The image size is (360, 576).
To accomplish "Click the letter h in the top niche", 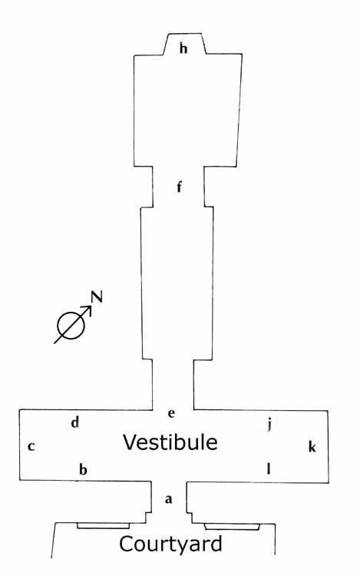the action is click(183, 48).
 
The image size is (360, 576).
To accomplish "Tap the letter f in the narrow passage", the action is click(179, 187).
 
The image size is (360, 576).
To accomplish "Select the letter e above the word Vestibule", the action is click(171, 413).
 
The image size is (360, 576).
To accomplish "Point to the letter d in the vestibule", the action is click(75, 422).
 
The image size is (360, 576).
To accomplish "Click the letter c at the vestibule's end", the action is click(31, 446).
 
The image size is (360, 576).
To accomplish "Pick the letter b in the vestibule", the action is click(84, 469).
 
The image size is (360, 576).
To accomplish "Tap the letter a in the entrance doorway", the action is click(168, 499).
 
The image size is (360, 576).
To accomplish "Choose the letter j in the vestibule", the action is click(269, 424).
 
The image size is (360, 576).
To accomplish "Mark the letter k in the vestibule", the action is click(312, 447).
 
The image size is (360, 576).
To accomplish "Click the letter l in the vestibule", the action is click(269, 469).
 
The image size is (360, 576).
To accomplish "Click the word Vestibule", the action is click(170, 442).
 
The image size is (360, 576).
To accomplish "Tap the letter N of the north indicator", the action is click(97, 296).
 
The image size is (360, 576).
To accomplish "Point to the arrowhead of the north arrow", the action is click(88, 310).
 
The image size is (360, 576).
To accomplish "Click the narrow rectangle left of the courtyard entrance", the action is click(104, 526).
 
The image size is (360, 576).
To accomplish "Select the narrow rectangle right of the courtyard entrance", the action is click(232, 527).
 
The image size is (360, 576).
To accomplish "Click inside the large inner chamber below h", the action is click(187, 110).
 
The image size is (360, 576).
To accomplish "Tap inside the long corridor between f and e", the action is click(177, 283).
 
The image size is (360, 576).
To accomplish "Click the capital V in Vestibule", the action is click(130, 442).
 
